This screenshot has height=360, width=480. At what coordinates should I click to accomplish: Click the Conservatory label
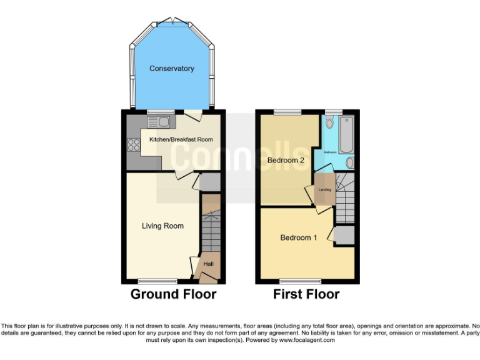(x=171, y=68)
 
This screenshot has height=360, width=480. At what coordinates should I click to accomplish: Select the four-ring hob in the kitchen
(x=134, y=145)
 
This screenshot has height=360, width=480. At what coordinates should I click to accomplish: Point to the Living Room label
(x=162, y=226)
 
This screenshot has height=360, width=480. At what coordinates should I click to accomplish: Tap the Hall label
(x=209, y=264)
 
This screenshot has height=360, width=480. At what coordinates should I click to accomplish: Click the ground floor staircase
(x=211, y=231)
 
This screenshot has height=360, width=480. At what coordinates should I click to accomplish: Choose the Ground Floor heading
(x=173, y=294)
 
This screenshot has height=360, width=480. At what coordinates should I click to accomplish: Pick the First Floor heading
(x=306, y=294)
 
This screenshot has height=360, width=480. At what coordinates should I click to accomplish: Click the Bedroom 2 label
(x=286, y=161)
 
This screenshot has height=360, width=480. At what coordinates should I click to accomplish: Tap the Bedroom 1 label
(x=298, y=237)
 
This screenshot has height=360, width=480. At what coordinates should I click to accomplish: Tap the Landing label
(x=324, y=189)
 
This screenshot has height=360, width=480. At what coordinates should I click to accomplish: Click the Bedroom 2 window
(x=287, y=112)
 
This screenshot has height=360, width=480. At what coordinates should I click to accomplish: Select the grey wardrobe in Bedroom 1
(x=344, y=235)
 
